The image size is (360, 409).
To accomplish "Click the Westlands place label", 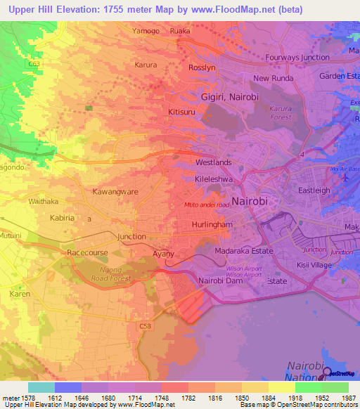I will click(x=213, y=162).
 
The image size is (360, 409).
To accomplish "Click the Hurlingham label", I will click(x=212, y=225).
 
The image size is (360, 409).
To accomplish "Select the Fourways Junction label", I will click(x=297, y=58).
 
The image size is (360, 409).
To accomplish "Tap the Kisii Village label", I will click(x=314, y=265).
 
